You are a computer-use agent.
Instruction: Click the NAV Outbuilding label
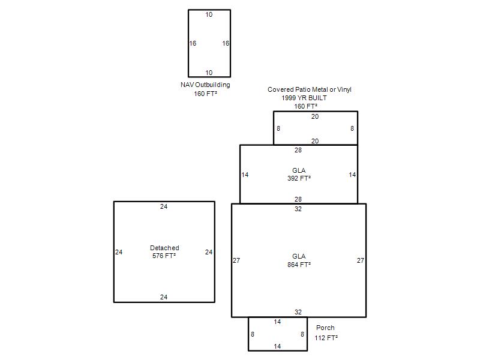(205, 85)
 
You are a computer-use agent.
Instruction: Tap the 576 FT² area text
(164, 256)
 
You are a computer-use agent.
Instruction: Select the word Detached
(164, 248)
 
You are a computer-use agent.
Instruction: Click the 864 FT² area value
(299, 265)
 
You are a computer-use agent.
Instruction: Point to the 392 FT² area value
(299, 178)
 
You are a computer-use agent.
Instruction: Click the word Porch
(325, 328)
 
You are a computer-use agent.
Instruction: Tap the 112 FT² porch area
(326, 338)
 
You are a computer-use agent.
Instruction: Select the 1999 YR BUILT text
(304, 98)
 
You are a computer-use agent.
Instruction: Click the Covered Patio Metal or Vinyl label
(309, 89)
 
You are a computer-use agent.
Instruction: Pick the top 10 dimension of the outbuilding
(209, 14)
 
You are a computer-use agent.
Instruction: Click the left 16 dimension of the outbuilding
(193, 43)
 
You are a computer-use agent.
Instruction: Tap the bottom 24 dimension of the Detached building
(164, 297)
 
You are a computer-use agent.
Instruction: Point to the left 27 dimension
(236, 260)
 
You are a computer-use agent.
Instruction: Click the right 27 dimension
(361, 260)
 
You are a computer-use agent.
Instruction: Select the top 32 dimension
(298, 209)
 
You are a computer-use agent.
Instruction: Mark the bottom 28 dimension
(298, 199)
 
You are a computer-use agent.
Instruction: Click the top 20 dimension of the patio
(315, 116)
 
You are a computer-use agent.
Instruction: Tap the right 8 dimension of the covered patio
(352, 128)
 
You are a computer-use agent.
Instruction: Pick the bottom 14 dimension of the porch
(277, 346)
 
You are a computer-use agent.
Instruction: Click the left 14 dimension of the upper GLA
(245, 175)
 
